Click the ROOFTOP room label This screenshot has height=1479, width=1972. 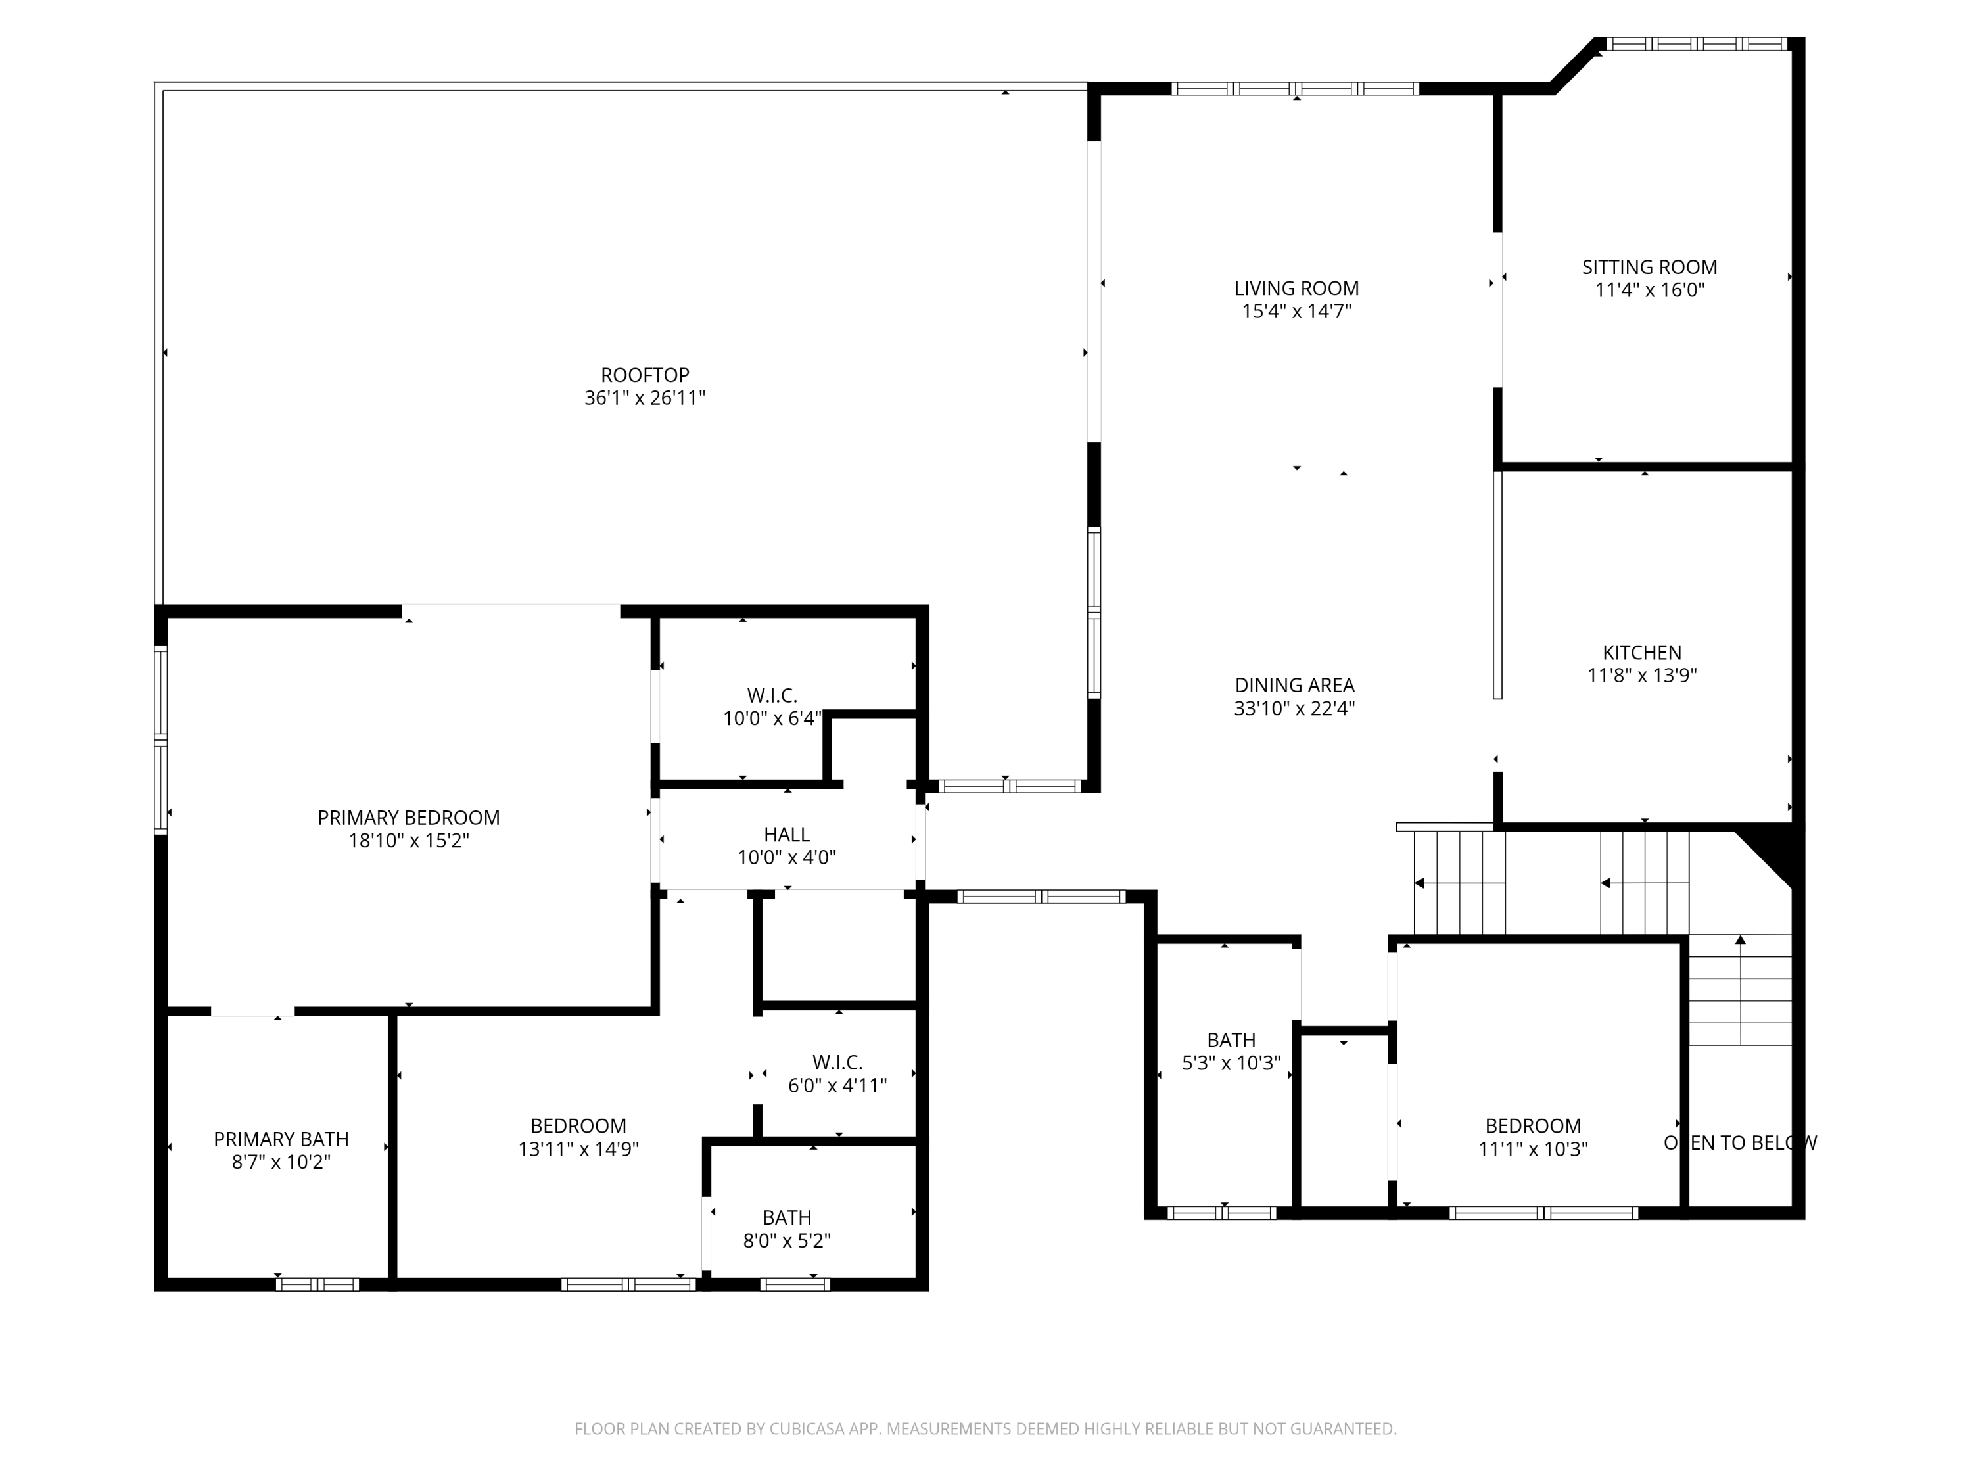(x=645, y=375)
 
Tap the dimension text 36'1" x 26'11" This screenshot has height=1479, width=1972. (x=645, y=398)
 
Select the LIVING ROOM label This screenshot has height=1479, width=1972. (x=1296, y=289)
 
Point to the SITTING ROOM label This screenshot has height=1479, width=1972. (x=1649, y=268)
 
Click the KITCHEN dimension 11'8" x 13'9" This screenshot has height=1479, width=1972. (x=1641, y=676)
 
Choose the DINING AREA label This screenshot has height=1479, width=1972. (x=1294, y=686)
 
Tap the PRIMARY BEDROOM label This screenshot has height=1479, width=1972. (x=408, y=818)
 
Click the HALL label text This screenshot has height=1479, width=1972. (x=786, y=834)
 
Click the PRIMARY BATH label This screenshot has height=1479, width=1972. (x=281, y=1139)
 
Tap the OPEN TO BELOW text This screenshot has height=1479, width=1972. (x=1739, y=1143)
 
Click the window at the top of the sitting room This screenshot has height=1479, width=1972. (x=1696, y=43)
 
